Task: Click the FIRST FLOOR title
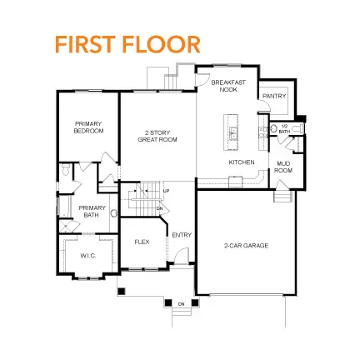[127, 45]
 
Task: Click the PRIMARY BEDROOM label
[88, 128]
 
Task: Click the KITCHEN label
[242, 162]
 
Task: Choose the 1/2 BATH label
[284, 130]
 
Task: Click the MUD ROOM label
[283, 167]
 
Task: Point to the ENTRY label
[182, 235]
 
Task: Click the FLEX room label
[142, 242]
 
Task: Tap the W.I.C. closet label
[87, 255]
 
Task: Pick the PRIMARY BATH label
[87, 212]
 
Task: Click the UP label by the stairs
[167, 192]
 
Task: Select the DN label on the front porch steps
[181, 304]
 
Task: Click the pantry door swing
[265, 109]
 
